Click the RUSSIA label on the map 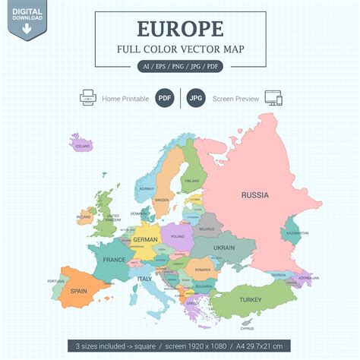click(254, 195)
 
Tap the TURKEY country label click(250, 300)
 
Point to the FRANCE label click(115, 260)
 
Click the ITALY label click(144, 279)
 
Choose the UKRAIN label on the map click(224, 248)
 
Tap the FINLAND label click(192, 182)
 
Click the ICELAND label click(83, 145)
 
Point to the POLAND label click(178, 236)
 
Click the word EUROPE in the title click(181, 30)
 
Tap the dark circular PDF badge click(164, 98)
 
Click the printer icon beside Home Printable click(87, 98)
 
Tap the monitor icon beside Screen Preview click(271, 98)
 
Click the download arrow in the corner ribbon click(27, 29)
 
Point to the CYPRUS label click(248, 329)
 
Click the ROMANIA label click(202, 270)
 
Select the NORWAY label click(147, 189)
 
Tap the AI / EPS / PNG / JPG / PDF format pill click(180, 67)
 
